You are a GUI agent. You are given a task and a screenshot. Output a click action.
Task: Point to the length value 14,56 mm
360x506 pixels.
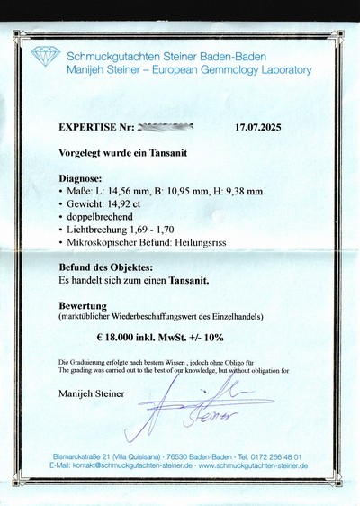122,191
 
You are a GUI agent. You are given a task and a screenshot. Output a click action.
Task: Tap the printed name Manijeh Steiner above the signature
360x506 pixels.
91,393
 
